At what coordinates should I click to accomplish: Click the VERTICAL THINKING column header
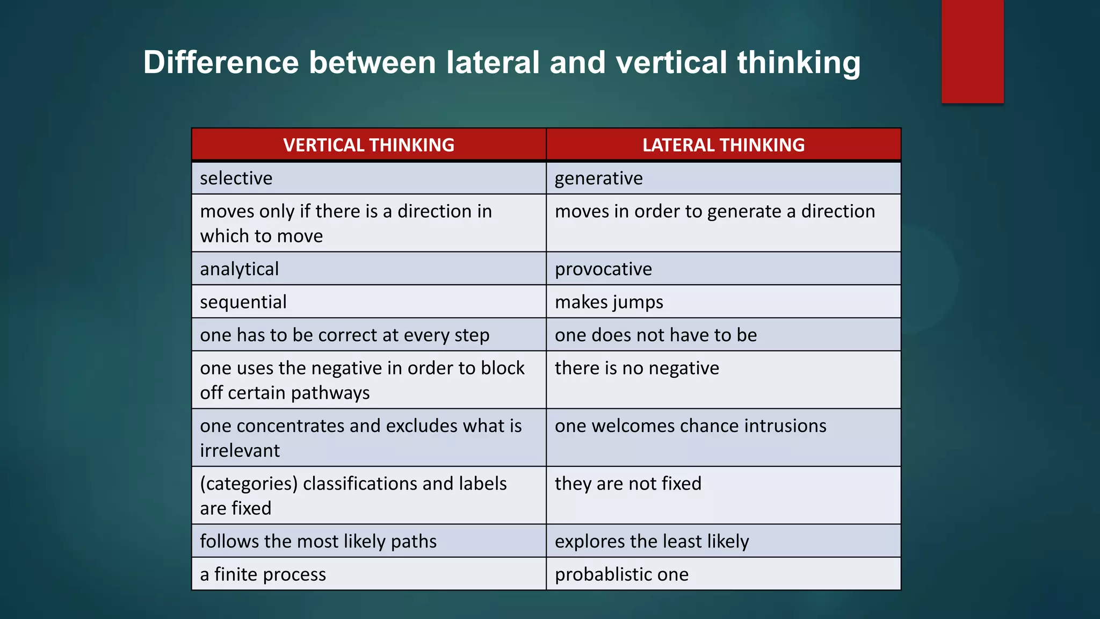368,145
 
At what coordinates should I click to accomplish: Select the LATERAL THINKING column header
723,145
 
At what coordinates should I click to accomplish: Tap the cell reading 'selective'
236,178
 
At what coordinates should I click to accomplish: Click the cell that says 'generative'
598,178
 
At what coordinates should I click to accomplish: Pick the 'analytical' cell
240,269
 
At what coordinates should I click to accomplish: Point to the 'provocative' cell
603,269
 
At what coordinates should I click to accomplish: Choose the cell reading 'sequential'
243,302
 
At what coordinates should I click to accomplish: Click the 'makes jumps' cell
609,302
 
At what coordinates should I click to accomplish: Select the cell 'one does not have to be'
656,335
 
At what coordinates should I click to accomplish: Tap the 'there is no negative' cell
637,369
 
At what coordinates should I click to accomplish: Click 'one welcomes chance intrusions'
691,426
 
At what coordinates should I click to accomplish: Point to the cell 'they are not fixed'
628,484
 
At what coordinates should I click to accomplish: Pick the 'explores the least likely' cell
652,542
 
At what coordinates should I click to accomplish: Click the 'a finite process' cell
263,574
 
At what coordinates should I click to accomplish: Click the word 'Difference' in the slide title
221,62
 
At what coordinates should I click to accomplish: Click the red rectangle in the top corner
972,51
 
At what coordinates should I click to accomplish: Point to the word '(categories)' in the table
249,484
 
